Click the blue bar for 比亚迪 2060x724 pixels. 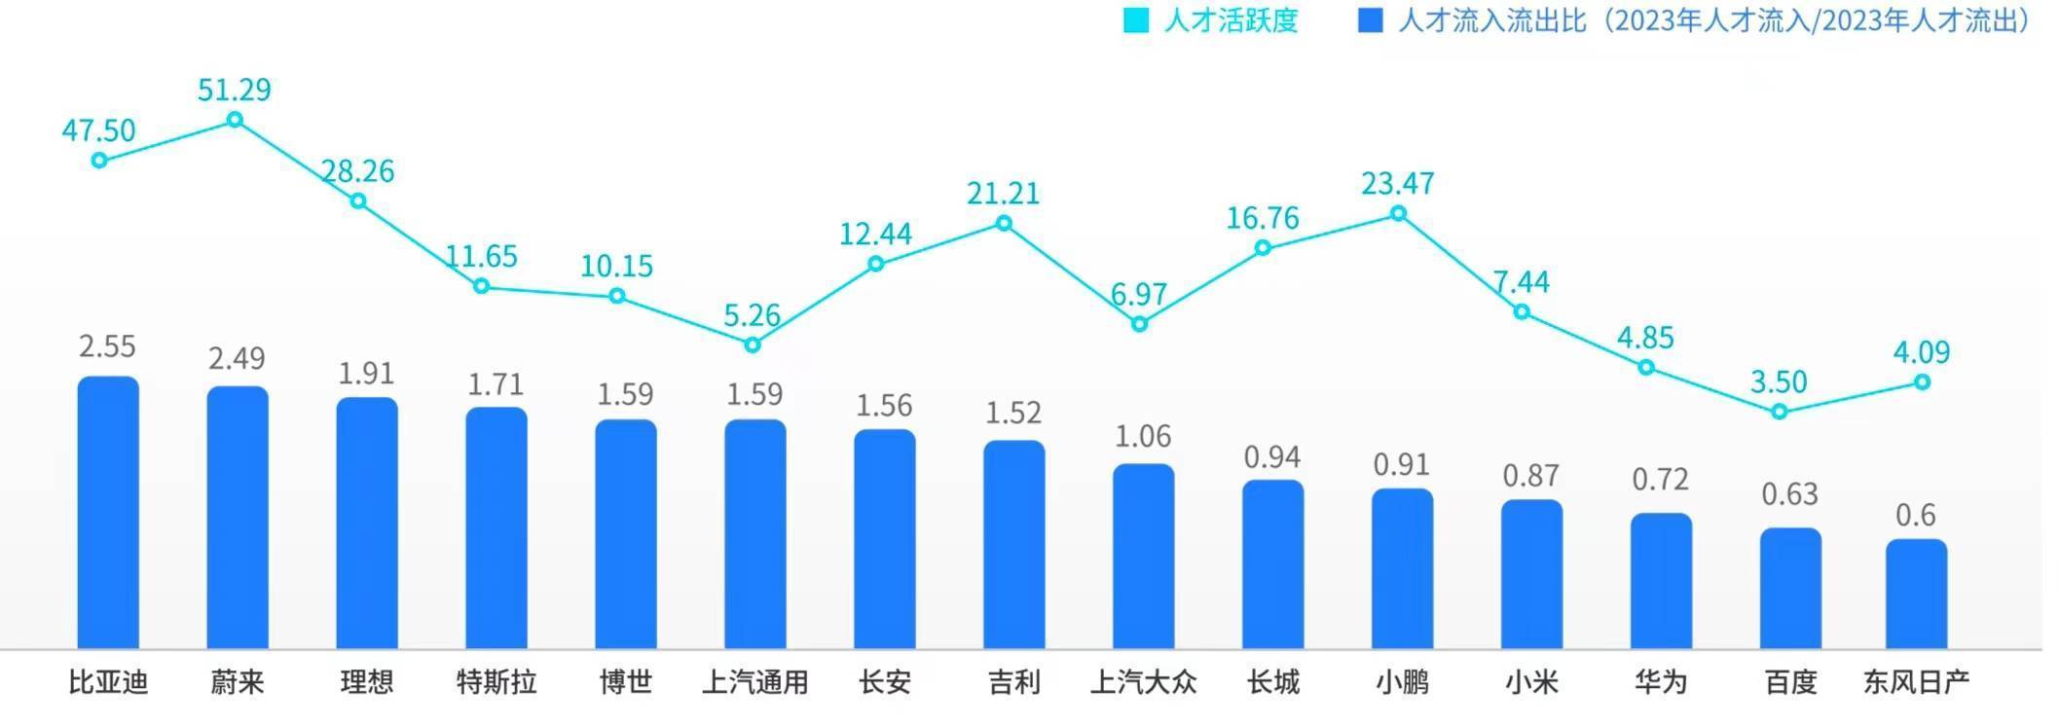click(108, 512)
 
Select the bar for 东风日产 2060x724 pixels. click(1916, 594)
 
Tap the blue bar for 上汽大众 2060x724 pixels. click(1144, 556)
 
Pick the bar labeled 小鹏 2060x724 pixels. click(1403, 568)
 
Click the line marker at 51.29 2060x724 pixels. click(235, 120)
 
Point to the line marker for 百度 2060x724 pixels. click(1780, 412)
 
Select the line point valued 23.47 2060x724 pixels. click(1399, 213)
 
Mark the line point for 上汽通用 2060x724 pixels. click(752, 344)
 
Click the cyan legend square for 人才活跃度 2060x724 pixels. click(1135, 20)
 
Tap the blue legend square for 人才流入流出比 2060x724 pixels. click(1370, 20)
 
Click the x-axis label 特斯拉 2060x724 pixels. click(497, 682)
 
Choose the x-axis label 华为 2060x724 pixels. click(1661, 682)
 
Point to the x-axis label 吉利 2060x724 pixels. click(1014, 682)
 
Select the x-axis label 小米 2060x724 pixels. click(1531, 682)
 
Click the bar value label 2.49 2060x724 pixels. click(237, 358)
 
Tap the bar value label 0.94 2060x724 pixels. click(1272, 456)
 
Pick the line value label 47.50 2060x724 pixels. click(98, 129)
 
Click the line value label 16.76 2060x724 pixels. click(1263, 218)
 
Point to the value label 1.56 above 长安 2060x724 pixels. click(884, 405)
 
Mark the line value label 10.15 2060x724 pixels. click(616, 266)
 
